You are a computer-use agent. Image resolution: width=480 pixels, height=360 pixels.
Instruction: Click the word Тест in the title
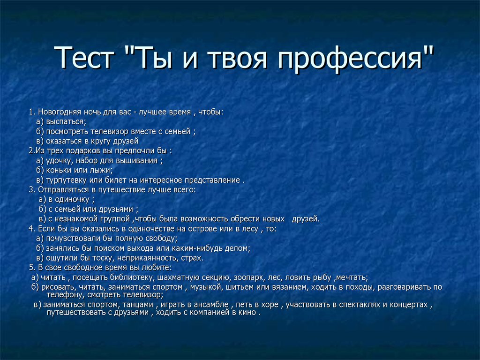(x=84, y=58)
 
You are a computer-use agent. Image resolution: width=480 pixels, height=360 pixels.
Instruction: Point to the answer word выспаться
(x=66, y=122)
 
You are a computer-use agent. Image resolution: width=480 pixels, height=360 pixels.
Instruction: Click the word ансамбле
(x=211, y=305)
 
